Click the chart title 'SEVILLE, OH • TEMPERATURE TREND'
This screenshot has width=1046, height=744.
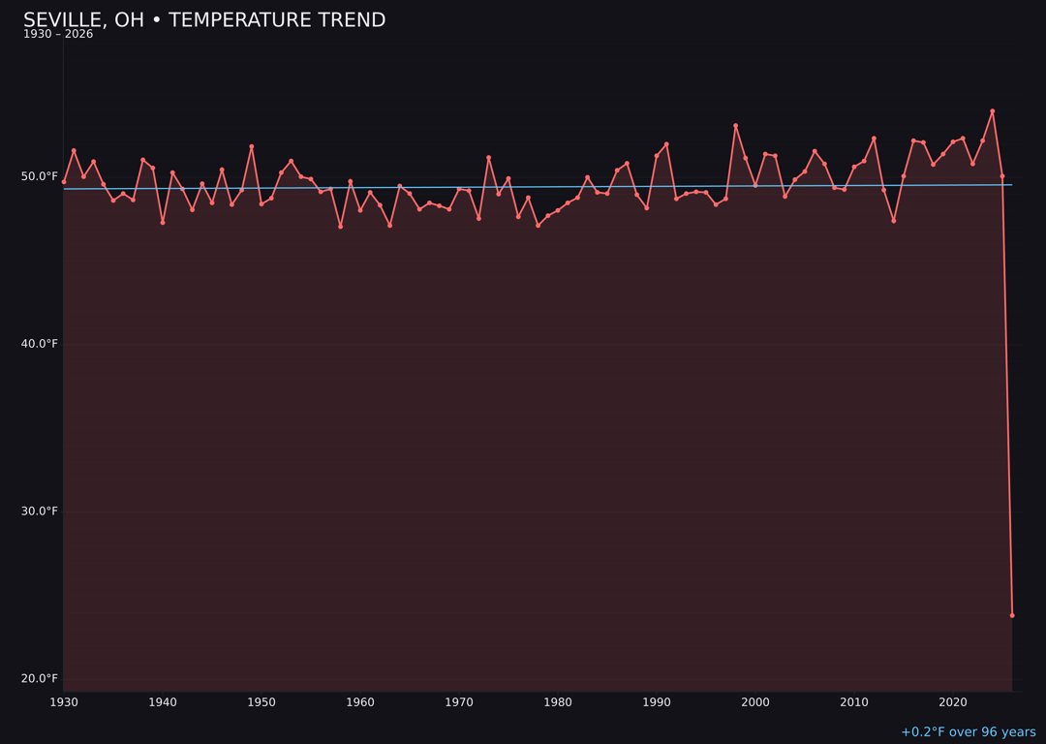click(x=204, y=20)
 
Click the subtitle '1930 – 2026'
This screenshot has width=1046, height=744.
click(x=58, y=34)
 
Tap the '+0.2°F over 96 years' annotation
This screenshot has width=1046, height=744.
click(x=968, y=732)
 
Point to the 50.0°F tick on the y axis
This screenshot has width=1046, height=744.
click(x=40, y=176)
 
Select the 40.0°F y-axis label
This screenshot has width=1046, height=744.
click(x=40, y=344)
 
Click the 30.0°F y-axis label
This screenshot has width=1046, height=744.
click(x=40, y=511)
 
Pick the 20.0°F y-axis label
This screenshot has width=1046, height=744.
click(x=40, y=678)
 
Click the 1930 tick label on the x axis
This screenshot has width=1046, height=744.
click(x=64, y=702)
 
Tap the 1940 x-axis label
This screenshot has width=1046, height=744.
click(x=163, y=702)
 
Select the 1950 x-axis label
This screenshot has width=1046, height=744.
click(x=261, y=702)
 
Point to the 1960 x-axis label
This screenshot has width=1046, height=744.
click(x=360, y=702)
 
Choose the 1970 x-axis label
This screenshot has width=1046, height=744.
click(x=459, y=702)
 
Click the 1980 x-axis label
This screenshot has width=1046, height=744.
click(x=558, y=702)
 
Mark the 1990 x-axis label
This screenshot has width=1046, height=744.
click(x=657, y=702)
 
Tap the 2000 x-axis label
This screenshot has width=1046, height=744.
click(x=755, y=702)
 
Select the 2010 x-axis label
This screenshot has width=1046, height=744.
click(x=854, y=702)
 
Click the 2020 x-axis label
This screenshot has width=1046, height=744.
click(x=953, y=702)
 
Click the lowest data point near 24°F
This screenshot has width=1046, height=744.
click(x=1012, y=615)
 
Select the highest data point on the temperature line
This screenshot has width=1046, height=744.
click(x=992, y=111)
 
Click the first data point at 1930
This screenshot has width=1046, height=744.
click(x=64, y=181)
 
